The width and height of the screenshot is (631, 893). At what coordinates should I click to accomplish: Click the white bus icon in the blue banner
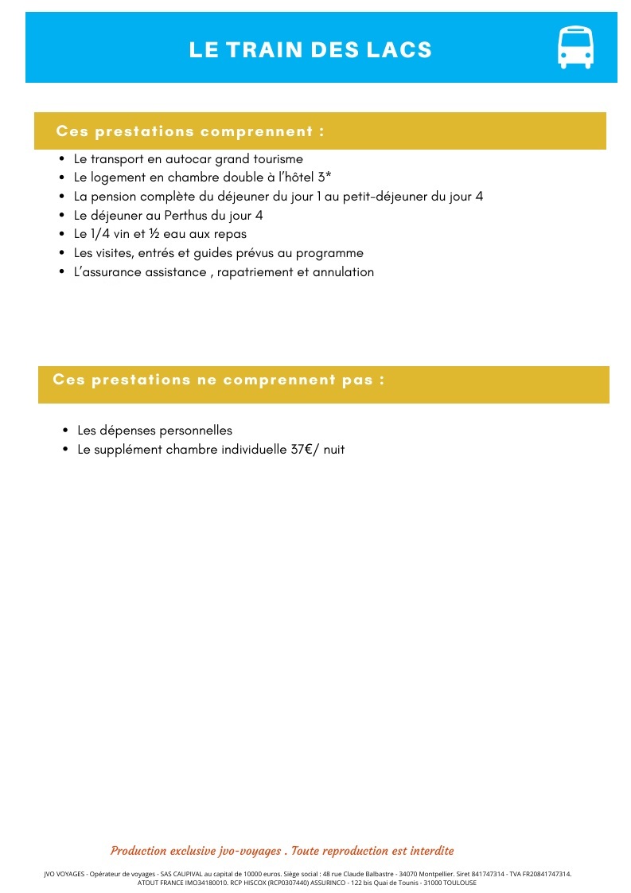tap(575, 48)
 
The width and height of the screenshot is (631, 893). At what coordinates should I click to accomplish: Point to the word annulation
tap(341, 272)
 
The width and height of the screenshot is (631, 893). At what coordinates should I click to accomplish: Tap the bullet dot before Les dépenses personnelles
tap(65, 431)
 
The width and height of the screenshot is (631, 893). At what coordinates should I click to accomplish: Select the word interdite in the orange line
tap(427, 851)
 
